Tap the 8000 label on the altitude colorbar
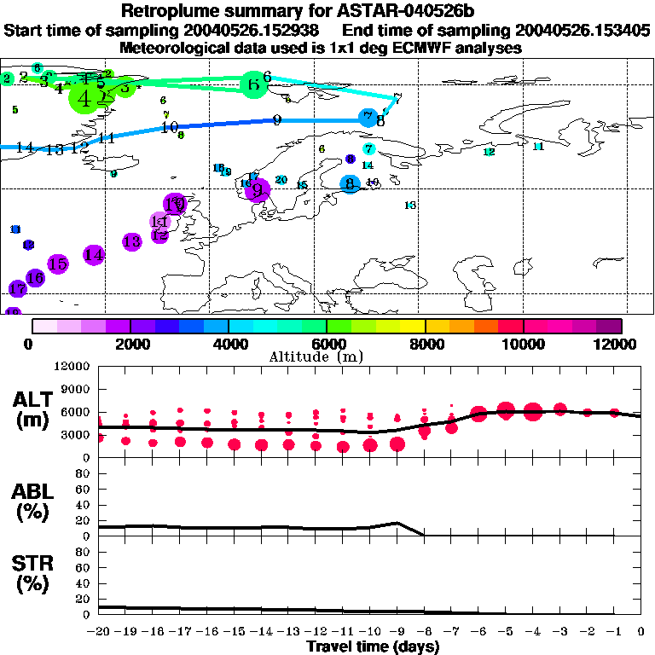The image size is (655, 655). pos(425,344)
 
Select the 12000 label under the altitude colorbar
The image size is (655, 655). pos(616,344)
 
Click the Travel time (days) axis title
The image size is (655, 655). pos(373,646)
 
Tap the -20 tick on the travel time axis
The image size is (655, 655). pos(99,631)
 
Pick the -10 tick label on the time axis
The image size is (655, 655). pos(370,631)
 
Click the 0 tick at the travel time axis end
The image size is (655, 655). pos(641,631)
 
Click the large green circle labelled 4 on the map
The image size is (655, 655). pos(84,99)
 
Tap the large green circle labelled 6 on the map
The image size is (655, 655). pos(253,84)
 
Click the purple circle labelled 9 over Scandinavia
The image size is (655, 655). pos(258,191)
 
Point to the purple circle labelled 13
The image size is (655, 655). pos(131,242)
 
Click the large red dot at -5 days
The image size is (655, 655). pos(506,410)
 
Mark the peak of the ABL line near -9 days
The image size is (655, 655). pos(397,523)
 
